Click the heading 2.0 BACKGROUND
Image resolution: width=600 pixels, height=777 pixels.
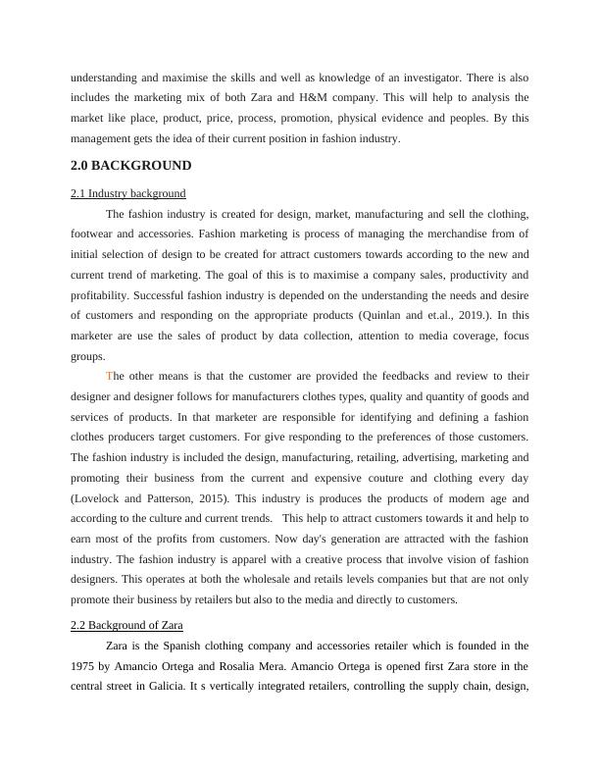click(x=131, y=166)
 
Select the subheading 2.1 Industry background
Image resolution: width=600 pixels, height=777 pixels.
click(x=128, y=193)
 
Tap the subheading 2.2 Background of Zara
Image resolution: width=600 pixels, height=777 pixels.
click(x=126, y=625)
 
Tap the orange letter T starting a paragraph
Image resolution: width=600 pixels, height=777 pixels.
click(x=109, y=376)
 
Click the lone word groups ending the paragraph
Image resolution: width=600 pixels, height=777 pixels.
click(x=87, y=356)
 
